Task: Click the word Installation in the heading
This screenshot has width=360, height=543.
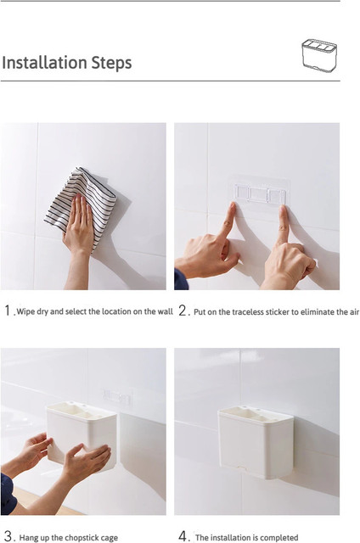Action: (44, 63)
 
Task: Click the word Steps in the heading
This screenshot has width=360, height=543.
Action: (111, 63)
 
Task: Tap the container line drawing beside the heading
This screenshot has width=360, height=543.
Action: (319, 55)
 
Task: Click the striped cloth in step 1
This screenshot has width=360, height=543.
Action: (82, 203)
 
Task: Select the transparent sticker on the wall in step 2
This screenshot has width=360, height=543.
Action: (260, 193)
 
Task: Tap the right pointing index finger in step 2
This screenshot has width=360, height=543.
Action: (283, 224)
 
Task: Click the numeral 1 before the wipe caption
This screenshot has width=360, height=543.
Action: (8, 311)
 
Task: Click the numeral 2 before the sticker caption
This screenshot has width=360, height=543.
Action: (183, 311)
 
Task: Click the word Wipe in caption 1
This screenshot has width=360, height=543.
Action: (25, 311)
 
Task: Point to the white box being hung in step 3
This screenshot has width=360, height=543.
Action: (82, 434)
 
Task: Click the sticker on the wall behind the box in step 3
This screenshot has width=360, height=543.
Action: (118, 398)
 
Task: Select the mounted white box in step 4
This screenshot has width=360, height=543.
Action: (256, 442)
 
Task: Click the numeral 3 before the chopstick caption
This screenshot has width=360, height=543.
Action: (9, 536)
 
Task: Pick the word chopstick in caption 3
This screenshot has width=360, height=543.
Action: (83, 538)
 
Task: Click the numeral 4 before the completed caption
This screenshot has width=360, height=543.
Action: (183, 536)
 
